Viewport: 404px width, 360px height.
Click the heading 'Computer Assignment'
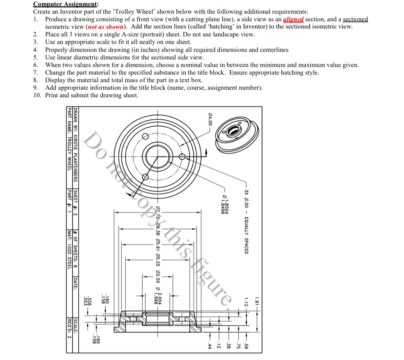pos(66,4)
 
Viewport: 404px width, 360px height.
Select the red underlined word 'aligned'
pos(293,19)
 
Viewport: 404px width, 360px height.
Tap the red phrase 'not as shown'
pos(106,27)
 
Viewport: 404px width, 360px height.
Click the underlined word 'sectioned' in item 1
pos(355,19)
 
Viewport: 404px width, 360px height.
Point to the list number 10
pos(37,95)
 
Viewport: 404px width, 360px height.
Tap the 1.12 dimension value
pos(246,301)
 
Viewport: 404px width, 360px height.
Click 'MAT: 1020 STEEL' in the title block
pos(69,250)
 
